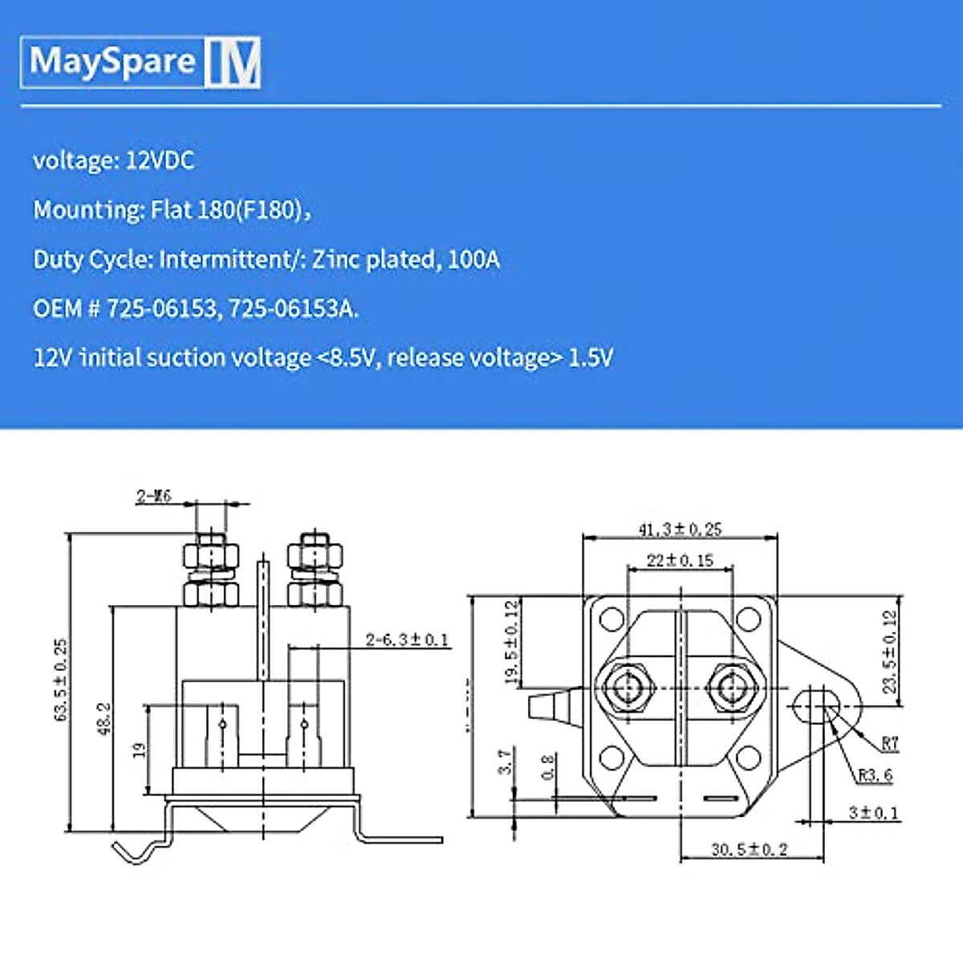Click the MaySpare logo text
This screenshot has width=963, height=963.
112,62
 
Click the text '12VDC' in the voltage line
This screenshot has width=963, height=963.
160,160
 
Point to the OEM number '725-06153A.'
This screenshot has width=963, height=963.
294,309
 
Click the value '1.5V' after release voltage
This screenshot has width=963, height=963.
591,358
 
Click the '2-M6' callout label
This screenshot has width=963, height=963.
153,496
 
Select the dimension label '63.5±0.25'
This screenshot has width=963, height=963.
62,681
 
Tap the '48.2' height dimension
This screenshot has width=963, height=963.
104,717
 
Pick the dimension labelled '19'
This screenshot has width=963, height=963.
139,750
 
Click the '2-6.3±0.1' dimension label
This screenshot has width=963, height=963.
407,640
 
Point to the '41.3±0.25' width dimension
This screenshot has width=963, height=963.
680,530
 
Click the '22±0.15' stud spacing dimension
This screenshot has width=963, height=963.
680,560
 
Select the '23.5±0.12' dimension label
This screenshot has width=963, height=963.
890,652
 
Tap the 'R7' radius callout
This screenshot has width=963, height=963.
889,743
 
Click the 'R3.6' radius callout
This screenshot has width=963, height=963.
875,775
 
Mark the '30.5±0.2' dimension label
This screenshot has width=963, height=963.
749,849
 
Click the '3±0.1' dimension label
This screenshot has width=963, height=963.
873,813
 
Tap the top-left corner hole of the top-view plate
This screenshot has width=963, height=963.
612,620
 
